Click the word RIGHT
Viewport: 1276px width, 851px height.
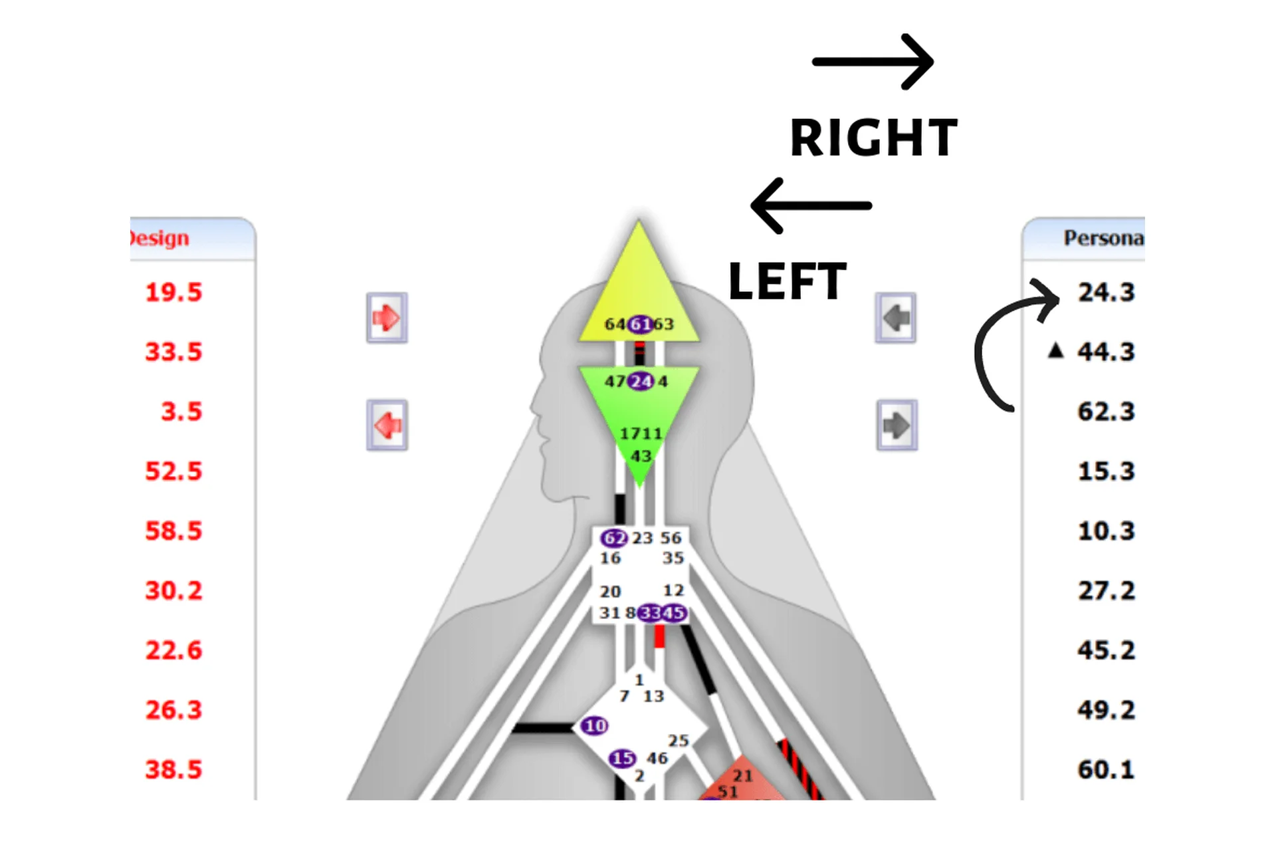point(873,138)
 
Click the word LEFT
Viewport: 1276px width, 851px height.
point(787,282)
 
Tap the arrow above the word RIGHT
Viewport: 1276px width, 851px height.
point(873,62)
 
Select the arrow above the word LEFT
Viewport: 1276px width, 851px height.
point(811,205)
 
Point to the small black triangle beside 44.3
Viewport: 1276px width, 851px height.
point(1055,350)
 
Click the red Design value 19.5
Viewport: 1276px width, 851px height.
point(173,293)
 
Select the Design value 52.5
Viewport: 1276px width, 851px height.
point(173,471)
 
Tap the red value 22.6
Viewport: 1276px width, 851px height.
point(173,650)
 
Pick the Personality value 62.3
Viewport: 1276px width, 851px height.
point(1106,412)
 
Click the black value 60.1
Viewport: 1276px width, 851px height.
point(1106,770)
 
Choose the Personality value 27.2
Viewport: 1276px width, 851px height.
point(1106,590)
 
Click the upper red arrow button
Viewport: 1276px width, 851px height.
point(387,318)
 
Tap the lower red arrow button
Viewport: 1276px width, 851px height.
point(387,425)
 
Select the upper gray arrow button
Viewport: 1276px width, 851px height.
point(895,318)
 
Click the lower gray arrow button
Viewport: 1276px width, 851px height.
point(897,425)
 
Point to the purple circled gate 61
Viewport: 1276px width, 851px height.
point(640,324)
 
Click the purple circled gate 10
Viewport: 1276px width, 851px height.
point(594,725)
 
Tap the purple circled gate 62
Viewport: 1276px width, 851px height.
point(613,538)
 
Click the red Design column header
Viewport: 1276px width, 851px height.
point(159,238)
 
